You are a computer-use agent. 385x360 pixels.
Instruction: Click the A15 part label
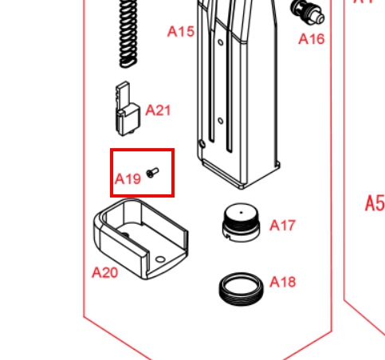[x=181, y=31]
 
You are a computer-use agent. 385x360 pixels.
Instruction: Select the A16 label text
[x=312, y=39]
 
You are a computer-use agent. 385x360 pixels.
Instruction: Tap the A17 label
[x=282, y=225]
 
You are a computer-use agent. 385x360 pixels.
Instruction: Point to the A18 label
[x=283, y=282]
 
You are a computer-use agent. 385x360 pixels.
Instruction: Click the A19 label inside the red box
[x=128, y=179]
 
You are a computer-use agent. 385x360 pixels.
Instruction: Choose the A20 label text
[x=104, y=272]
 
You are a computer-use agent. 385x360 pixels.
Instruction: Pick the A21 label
[x=158, y=110]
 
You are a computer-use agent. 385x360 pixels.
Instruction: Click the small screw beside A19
[x=152, y=173]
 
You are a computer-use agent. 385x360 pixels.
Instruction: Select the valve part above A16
[x=308, y=12]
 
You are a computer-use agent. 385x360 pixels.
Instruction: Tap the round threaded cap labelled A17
[x=241, y=222]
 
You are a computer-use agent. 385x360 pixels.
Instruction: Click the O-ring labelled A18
[x=242, y=289]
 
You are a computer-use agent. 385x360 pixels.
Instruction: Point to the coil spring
[x=128, y=33]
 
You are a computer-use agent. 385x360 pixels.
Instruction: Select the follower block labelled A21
[x=128, y=109]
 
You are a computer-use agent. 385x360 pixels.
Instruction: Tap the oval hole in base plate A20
[x=160, y=260]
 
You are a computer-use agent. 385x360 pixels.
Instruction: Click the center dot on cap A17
[x=241, y=213]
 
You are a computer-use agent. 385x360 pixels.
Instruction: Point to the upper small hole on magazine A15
[x=221, y=42]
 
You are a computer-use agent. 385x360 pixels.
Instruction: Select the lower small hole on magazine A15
[x=221, y=121]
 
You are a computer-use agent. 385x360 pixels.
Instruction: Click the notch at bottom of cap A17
[x=227, y=236]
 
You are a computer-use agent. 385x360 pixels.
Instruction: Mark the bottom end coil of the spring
[x=128, y=64]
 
